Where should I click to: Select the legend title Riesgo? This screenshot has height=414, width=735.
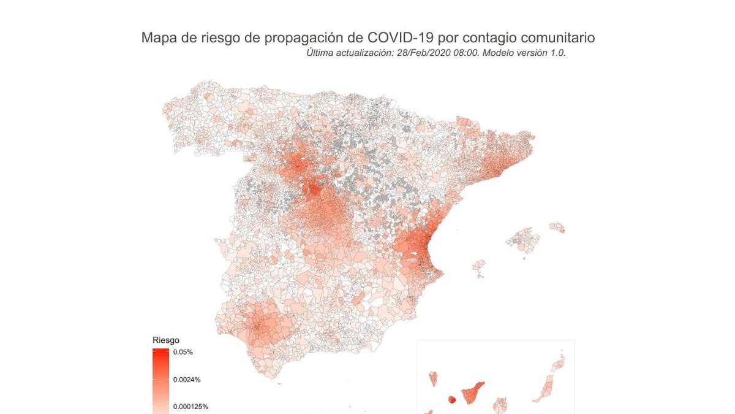point(165,340)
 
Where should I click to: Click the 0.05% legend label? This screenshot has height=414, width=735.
point(183,352)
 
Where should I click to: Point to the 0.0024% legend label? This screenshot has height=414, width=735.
point(187,380)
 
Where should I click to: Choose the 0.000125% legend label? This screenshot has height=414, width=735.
point(190,406)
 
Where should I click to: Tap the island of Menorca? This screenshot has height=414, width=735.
point(557,228)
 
